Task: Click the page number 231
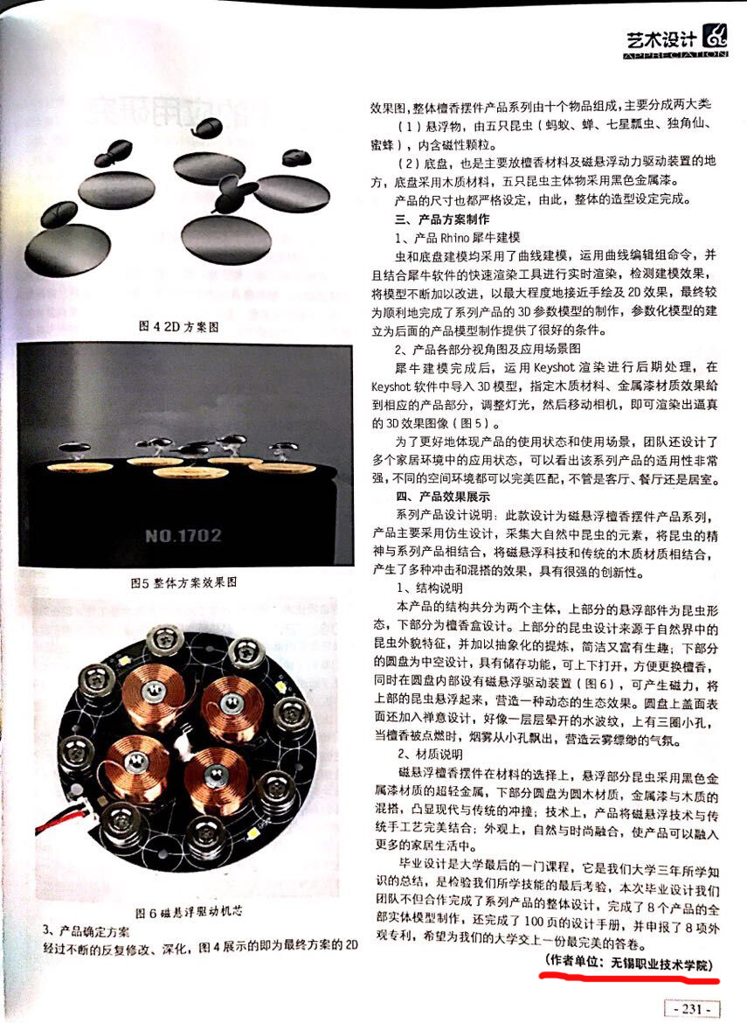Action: [x=692, y=1009]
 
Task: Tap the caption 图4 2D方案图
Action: [x=178, y=326]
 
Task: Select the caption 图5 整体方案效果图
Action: [x=183, y=582]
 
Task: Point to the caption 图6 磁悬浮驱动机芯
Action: [x=189, y=911]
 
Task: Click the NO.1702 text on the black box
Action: [x=183, y=536]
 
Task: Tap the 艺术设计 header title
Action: [x=661, y=40]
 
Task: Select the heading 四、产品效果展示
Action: [x=442, y=497]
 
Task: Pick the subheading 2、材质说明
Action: [x=430, y=755]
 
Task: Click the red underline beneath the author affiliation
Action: [x=630, y=978]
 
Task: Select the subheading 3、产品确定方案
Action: [x=86, y=930]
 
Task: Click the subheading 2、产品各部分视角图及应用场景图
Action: [x=487, y=348]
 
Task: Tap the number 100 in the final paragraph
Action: [x=533, y=922]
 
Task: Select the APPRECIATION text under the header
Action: [x=675, y=55]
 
